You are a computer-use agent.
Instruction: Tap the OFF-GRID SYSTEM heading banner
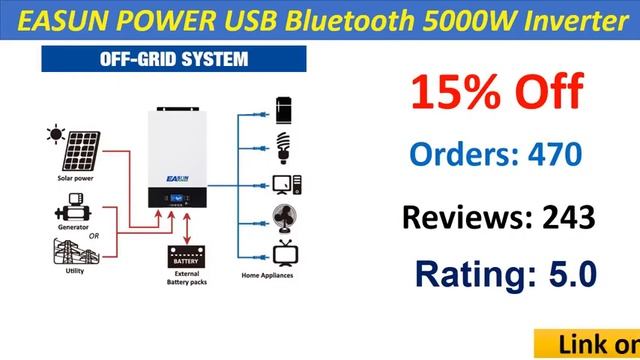(x=145, y=58)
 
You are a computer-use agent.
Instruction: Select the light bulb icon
(x=283, y=146)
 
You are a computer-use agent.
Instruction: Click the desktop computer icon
(x=283, y=184)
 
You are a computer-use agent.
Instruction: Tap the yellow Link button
(x=590, y=344)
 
